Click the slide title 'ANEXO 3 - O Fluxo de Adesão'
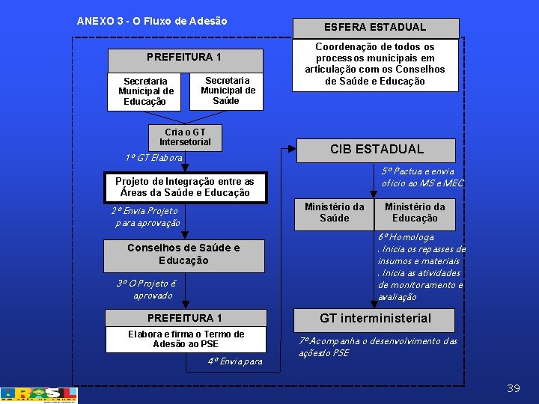click(152, 21)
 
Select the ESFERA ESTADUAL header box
click(374, 27)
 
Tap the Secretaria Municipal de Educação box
click(145, 91)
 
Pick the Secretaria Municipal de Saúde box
click(228, 91)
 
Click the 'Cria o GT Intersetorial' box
click(185, 137)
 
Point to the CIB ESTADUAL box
click(377, 150)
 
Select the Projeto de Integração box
click(185, 187)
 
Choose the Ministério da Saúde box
click(334, 212)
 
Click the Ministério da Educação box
click(415, 212)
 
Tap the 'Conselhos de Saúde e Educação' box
click(184, 254)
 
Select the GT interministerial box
click(375, 319)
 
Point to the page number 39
click(513, 388)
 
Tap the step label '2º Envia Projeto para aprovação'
click(145, 217)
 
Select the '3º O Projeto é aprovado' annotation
click(145, 289)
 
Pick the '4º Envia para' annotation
click(235, 361)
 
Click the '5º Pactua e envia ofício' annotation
click(422, 177)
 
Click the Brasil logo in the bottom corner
click(39, 395)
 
